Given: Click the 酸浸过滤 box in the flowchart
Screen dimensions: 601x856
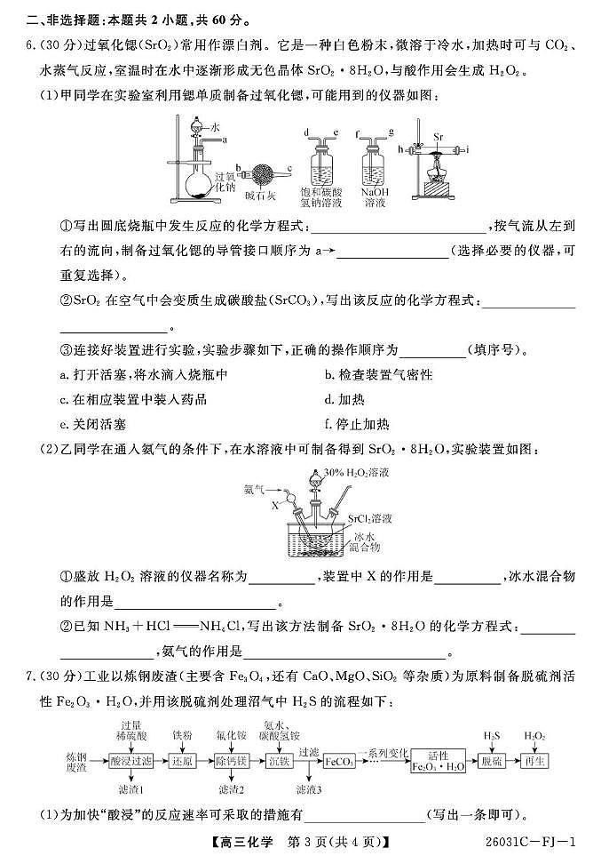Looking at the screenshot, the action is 130,762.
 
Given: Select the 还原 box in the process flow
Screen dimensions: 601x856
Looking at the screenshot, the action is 182,762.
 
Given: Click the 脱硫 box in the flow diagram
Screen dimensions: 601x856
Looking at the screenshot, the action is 491,762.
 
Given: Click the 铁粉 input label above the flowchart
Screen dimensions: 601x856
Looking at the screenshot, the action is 182,735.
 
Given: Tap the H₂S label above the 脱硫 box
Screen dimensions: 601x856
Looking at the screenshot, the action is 492,735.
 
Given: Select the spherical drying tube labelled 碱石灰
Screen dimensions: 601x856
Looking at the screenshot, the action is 263,171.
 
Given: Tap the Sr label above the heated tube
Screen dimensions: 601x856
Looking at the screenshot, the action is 438,139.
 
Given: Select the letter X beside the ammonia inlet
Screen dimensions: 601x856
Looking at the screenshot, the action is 275,502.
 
